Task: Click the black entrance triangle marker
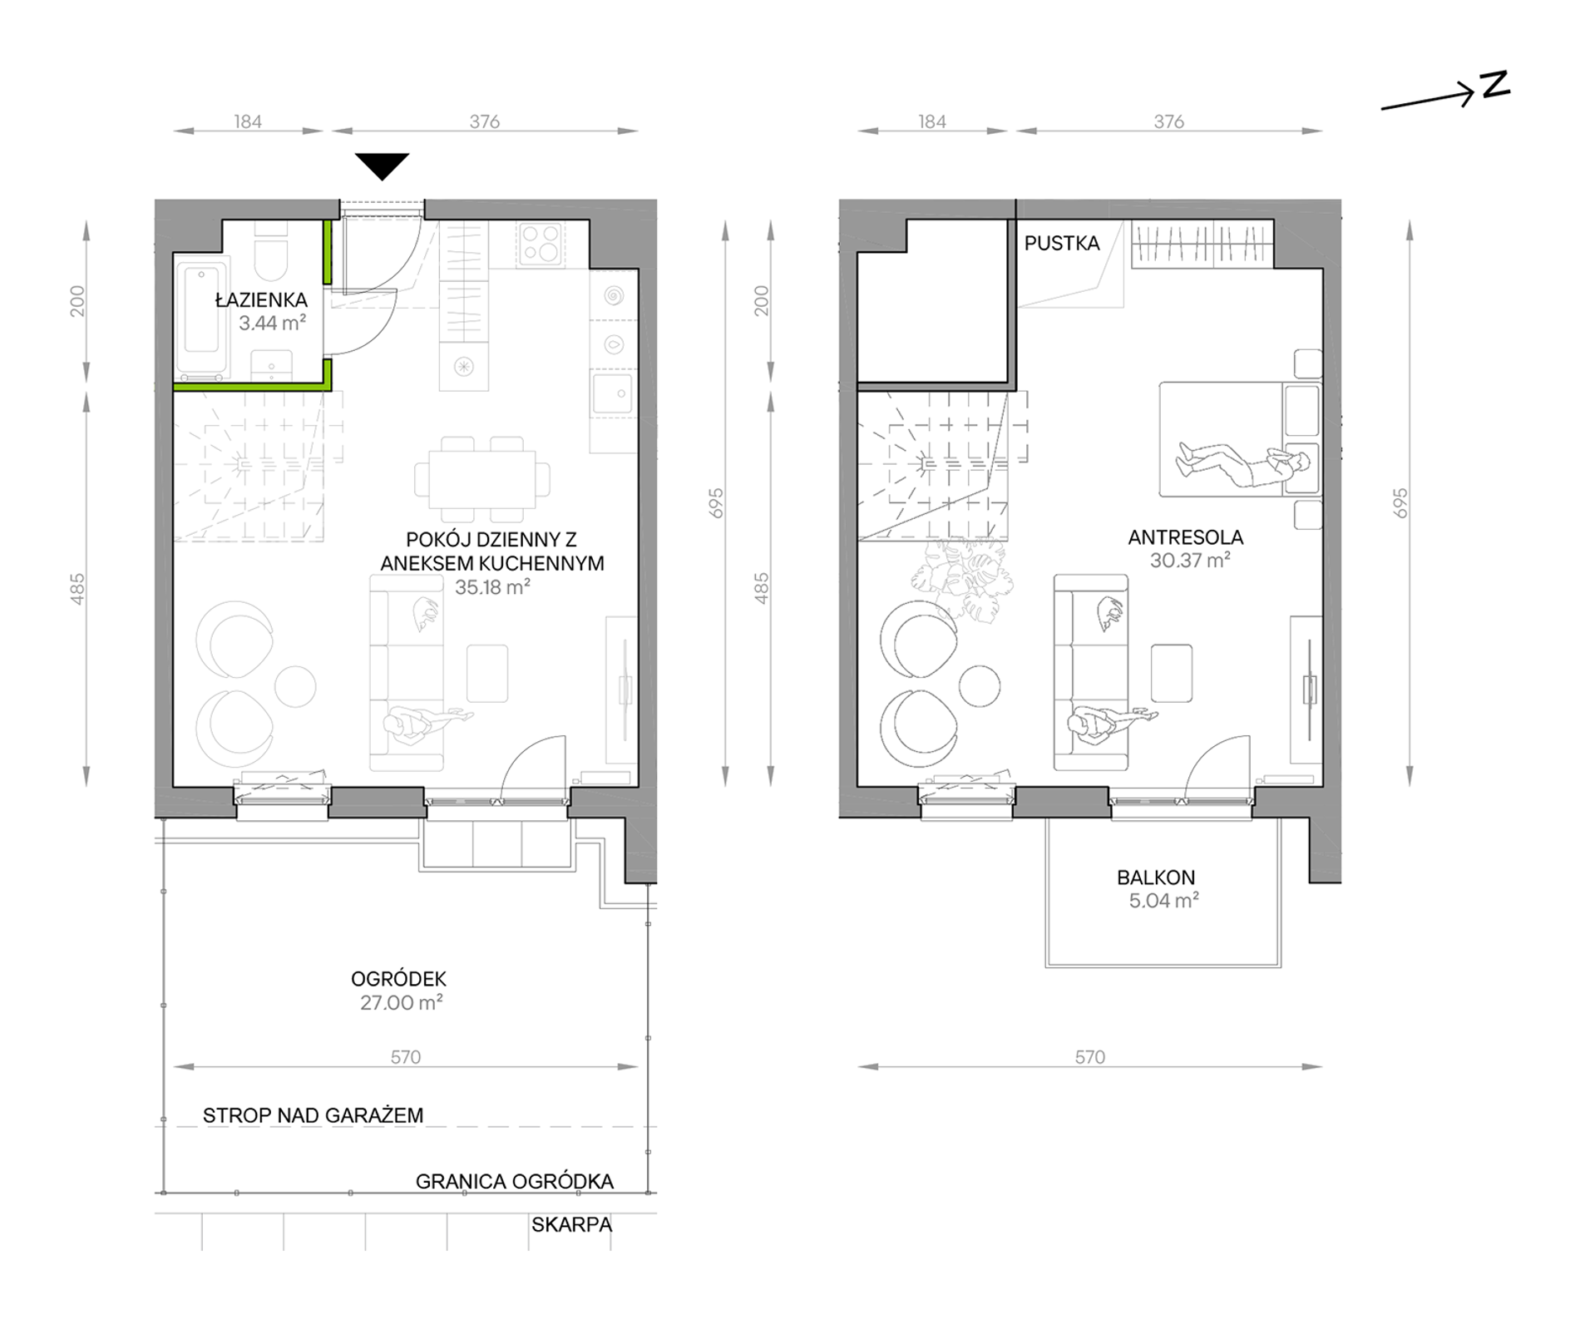383,165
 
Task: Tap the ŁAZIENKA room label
261,299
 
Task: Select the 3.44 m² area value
272,323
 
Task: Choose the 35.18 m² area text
492,586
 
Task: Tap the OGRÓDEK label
398,979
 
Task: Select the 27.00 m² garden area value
401,1002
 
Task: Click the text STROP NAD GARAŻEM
313,1115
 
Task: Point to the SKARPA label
572,1224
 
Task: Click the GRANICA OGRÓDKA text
515,1181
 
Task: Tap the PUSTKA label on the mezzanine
1062,243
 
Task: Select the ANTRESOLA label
1186,537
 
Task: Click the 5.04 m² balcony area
1163,900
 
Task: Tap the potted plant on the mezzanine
963,574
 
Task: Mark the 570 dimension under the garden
406,1057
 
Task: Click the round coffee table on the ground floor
295,687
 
